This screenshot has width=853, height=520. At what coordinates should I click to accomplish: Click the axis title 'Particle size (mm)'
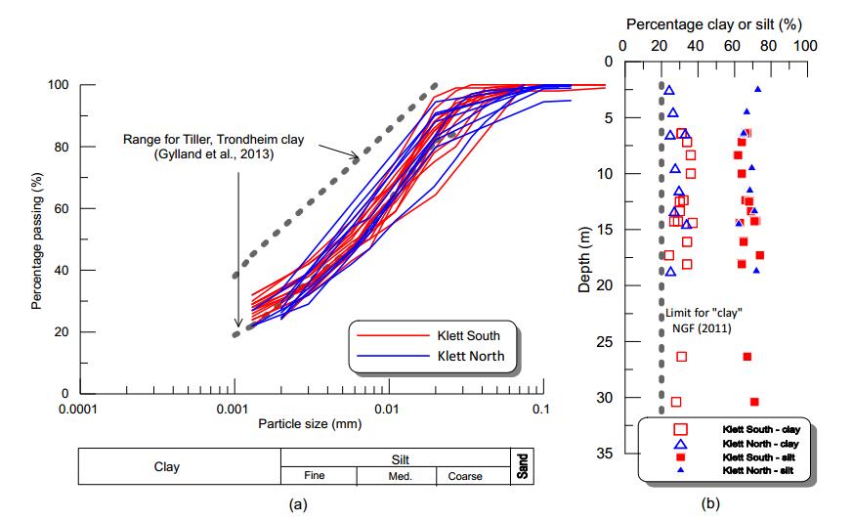(309, 424)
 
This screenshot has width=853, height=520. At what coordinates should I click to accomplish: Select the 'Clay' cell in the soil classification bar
(167, 467)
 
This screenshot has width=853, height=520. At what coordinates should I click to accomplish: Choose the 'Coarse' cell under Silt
(465, 476)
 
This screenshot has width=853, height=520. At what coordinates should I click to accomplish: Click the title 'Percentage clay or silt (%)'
(713, 22)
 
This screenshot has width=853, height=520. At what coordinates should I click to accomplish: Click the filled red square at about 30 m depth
(754, 402)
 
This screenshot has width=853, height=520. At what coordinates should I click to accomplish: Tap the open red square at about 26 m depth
(681, 357)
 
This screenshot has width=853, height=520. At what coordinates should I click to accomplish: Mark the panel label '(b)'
(708, 504)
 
